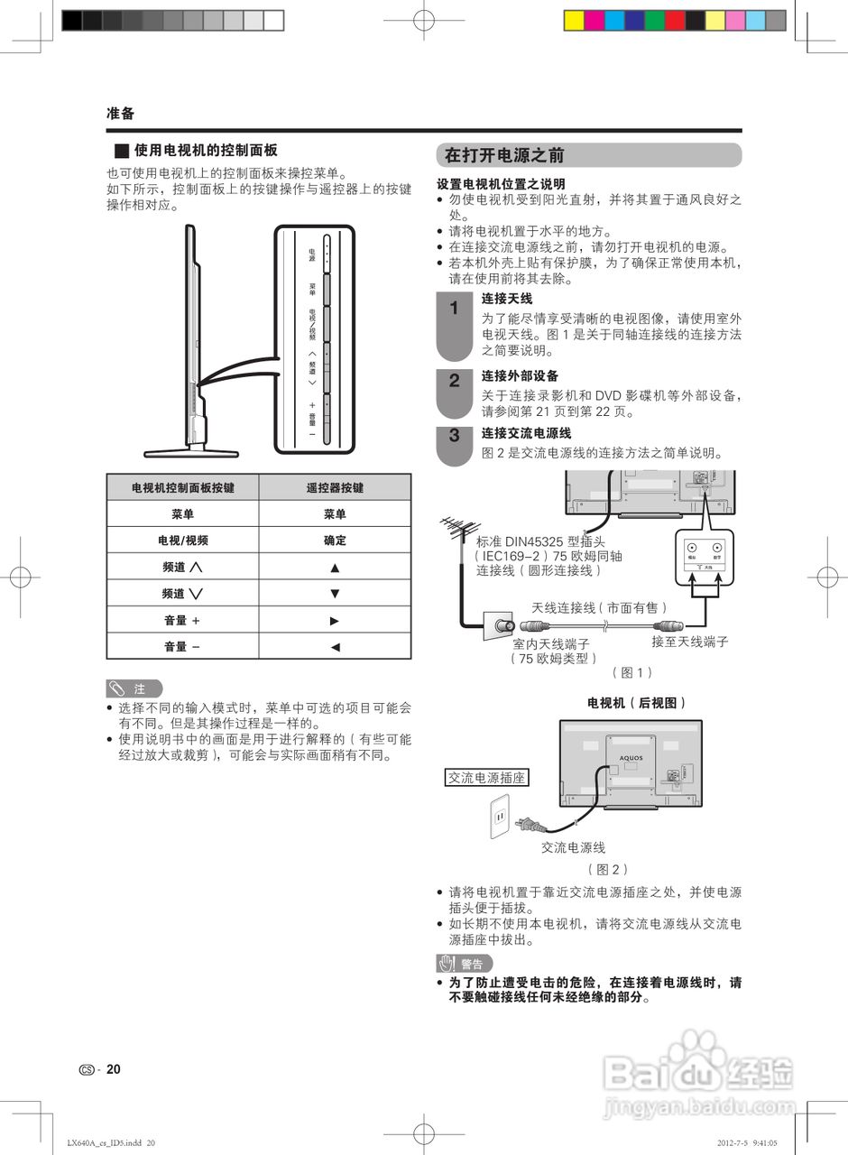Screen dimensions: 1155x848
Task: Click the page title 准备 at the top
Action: pyautogui.click(x=120, y=114)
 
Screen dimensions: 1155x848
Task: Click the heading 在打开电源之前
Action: pyautogui.click(x=503, y=155)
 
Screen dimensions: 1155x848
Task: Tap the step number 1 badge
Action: pyautogui.click(x=455, y=309)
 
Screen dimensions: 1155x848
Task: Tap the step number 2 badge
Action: pyautogui.click(x=455, y=381)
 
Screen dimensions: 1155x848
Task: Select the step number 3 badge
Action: pyautogui.click(x=455, y=436)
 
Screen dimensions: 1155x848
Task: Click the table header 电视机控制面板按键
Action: pyautogui.click(x=183, y=487)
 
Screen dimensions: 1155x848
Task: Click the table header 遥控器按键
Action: pyautogui.click(x=335, y=487)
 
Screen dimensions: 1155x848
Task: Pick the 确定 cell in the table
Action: pyautogui.click(x=335, y=541)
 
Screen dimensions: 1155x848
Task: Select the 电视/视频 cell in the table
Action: pyautogui.click(x=183, y=541)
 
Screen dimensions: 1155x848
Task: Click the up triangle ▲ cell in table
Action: pyautogui.click(x=335, y=568)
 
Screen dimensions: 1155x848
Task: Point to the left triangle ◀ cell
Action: pyautogui.click(x=335, y=646)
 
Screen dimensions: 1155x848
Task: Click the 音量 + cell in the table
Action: pyautogui.click(x=183, y=620)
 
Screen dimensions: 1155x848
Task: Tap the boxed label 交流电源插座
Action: pyautogui.click(x=487, y=777)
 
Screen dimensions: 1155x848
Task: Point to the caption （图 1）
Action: pyautogui.click(x=631, y=672)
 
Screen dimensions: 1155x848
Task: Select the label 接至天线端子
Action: pyautogui.click(x=689, y=642)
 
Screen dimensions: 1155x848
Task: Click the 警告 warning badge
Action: pyautogui.click(x=464, y=964)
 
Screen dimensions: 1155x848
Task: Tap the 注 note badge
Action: pyautogui.click(x=134, y=688)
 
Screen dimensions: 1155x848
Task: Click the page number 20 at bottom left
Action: pyautogui.click(x=113, y=1069)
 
